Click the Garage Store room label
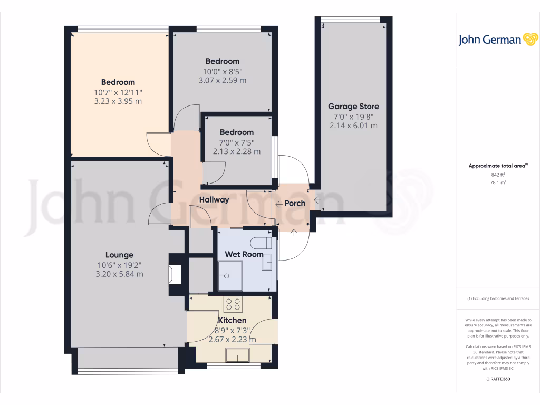click(353, 107)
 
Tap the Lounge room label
click(119, 255)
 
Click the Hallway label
click(214, 200)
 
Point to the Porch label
click(295, 203)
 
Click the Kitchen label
click(232, 320)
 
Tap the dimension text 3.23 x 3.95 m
click(118, 101)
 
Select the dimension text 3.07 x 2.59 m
click(223, 81)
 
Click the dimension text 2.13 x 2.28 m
click(237, 151)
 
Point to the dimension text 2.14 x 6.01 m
click(353, 126)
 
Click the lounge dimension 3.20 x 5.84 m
click(119, 274)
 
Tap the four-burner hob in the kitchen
click(233, 305)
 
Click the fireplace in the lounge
click(173, 274)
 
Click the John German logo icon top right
click(529, 40)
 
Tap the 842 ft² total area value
click(498, 175)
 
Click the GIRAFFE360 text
click(498, 379)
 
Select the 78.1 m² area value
click(498, 182)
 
